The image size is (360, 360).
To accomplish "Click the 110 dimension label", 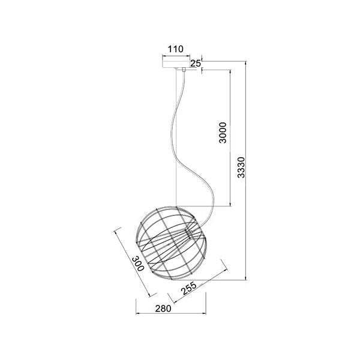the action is [x=176, y=49].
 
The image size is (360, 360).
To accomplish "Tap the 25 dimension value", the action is [x=196, y=63].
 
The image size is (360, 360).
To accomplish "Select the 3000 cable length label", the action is [x=223, y=133].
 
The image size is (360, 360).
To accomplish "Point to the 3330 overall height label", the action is [x=241, y=167].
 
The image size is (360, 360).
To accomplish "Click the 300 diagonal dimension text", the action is [x=138, y=264].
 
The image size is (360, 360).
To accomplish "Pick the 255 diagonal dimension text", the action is [x=189, y=288].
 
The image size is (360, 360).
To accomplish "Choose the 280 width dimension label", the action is [x=163, y=309].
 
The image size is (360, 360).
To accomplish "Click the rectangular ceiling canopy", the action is [x=176, y=64].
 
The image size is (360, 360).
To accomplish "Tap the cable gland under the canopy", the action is [x=184, y=70].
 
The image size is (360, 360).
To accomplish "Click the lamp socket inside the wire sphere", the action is [x=189, y=233].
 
